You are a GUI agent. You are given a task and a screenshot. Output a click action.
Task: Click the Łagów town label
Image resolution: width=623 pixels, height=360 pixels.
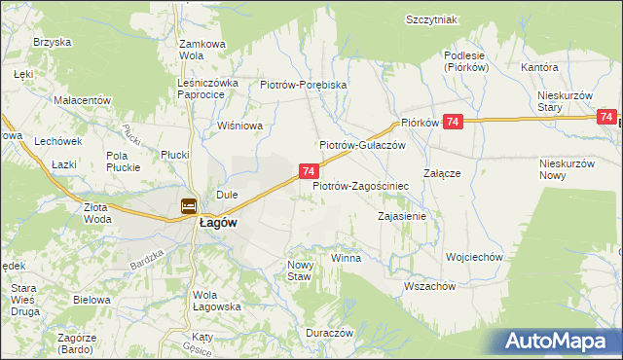click(219, 222)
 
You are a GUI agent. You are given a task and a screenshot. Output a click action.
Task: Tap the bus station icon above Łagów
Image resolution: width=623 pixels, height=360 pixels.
click(189, 206)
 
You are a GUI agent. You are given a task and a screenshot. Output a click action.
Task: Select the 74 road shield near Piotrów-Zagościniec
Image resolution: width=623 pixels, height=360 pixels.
click(308, 171)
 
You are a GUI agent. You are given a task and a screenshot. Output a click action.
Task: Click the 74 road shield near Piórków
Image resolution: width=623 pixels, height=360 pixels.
click(452, 122)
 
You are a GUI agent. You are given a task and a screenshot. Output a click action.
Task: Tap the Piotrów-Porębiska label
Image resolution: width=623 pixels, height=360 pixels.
click(304, 85)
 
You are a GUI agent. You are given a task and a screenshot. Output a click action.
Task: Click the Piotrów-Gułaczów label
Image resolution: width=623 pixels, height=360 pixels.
click(362, 145)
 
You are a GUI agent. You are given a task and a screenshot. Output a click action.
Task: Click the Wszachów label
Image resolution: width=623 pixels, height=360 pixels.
click(429, 286)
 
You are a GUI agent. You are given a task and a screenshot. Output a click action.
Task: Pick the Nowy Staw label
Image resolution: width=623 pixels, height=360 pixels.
click(299, 270)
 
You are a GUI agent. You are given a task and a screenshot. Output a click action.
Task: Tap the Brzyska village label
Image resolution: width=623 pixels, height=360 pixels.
click(53, 42)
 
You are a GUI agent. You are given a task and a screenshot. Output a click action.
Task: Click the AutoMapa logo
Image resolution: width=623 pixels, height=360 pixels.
click(561, 341)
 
